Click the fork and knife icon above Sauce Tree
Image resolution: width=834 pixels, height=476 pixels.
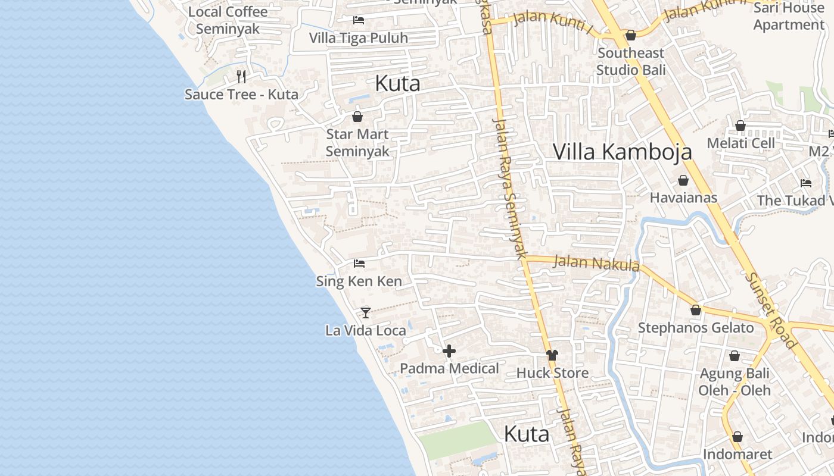(241, 76)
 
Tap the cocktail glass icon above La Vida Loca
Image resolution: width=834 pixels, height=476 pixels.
(366, 312)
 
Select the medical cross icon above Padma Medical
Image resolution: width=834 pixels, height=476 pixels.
(449, 351)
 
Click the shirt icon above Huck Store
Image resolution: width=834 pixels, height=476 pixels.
(552, 355)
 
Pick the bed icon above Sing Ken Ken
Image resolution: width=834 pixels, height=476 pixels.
(359, 263)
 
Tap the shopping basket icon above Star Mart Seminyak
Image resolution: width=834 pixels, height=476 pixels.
(357, 117)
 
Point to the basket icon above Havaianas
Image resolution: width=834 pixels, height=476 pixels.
(683, 180)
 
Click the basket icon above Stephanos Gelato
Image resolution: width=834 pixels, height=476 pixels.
(695, 310)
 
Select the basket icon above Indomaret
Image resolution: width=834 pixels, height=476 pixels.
(737, 437)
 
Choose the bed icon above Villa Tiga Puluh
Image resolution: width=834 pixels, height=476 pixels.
(359, 20)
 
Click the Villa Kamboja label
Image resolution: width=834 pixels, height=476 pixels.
(623, 152)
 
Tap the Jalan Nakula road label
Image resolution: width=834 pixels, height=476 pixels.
(596, 262)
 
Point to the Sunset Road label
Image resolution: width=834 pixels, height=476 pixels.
(771, 311)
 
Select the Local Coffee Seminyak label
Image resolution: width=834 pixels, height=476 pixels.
(228, 20)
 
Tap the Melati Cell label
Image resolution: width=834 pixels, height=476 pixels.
(741, 143)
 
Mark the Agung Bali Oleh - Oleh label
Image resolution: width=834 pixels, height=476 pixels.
(735, 382)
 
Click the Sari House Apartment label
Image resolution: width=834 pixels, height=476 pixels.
(789, 16)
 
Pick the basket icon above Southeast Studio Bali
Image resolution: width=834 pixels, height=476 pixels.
(631, 35)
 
